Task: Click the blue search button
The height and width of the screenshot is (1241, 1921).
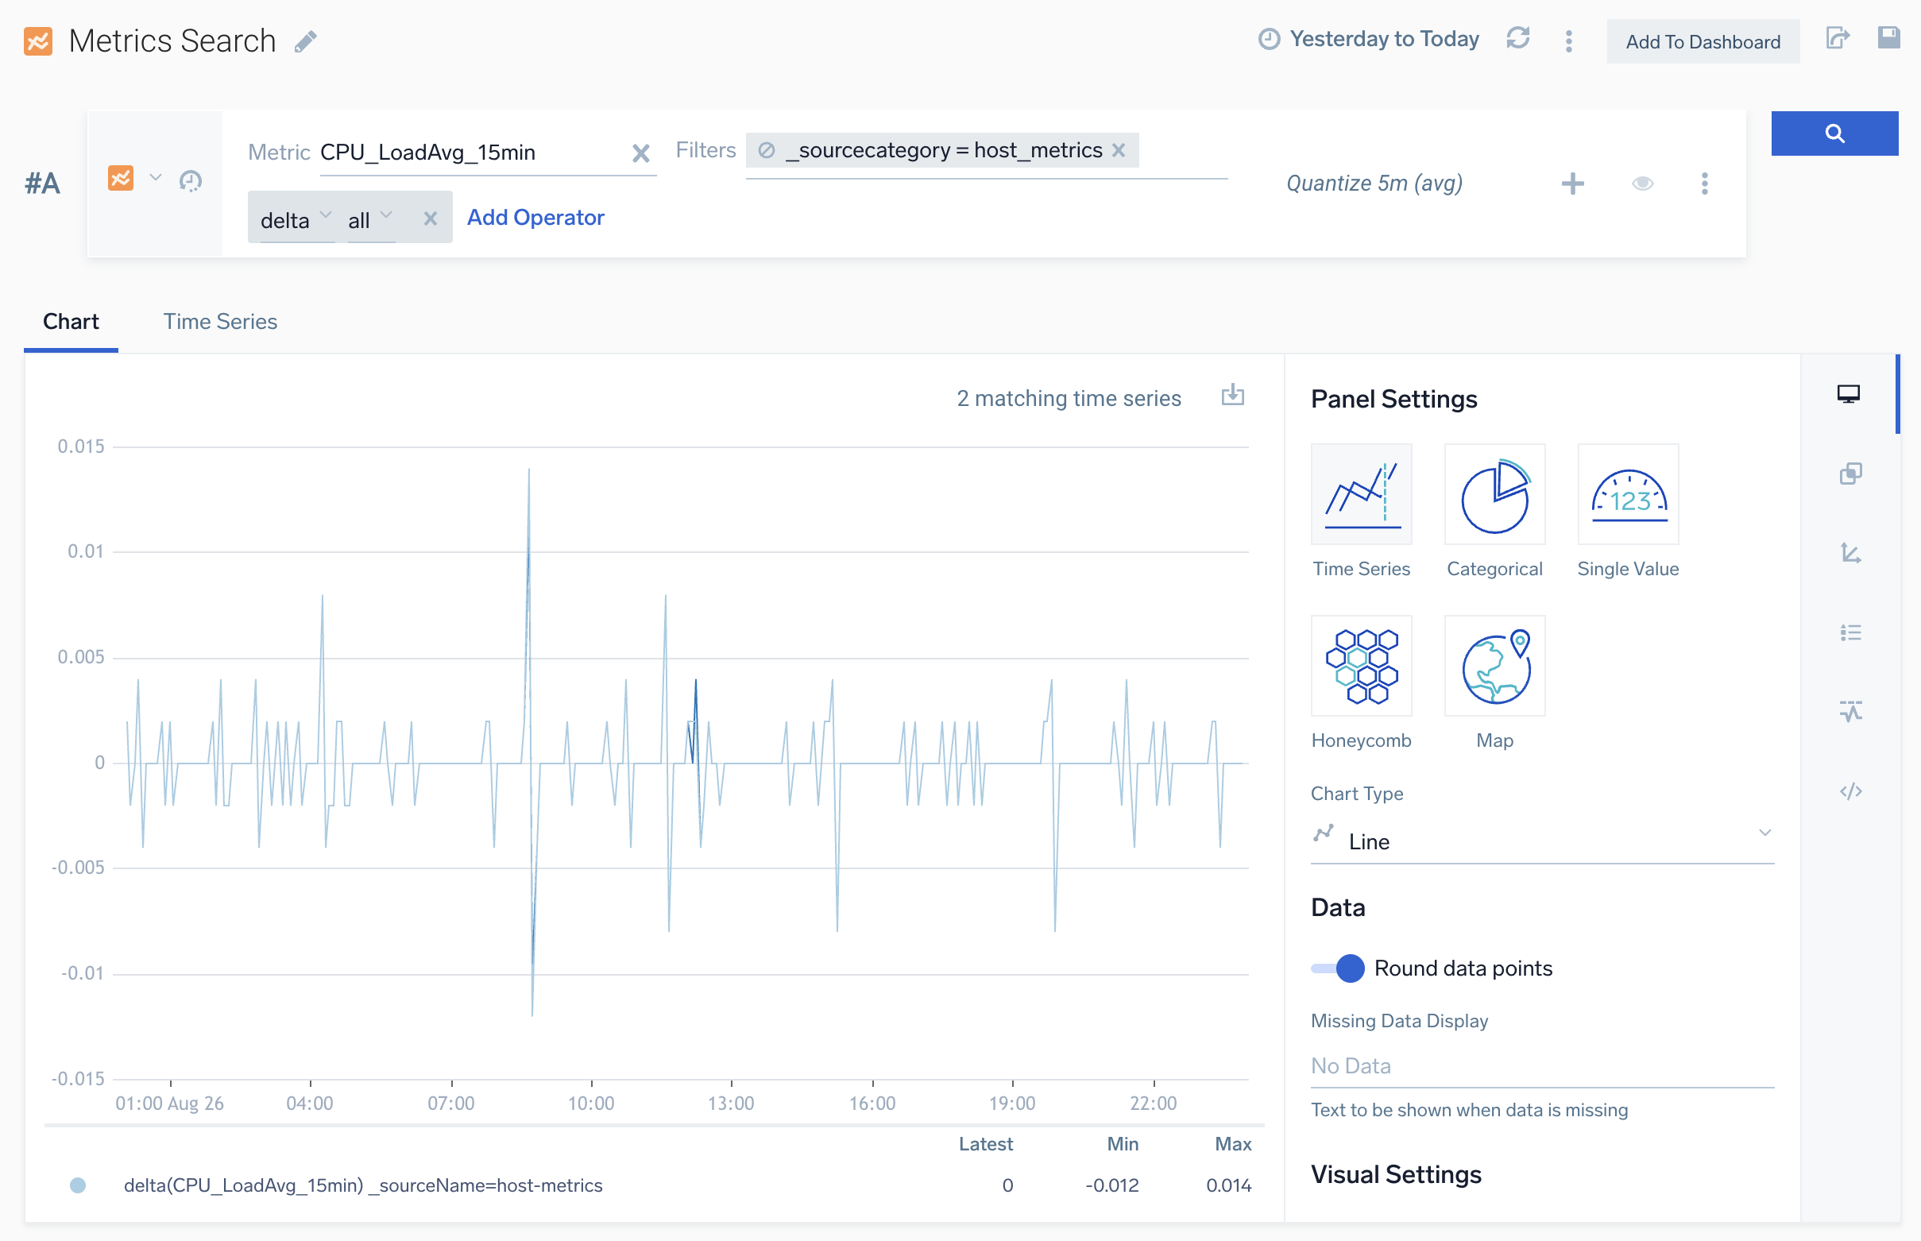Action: pyautogui.click(x=1833, y=133)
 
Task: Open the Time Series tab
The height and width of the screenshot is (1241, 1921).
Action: pyautogui.click(x=220, y=322)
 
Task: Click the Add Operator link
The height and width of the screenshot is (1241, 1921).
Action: pyautogui.click(x=535, y=218)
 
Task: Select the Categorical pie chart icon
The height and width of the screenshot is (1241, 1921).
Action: pyautogui.click(x=1494, y=495)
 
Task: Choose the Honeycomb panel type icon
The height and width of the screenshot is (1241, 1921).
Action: pyautogui.click(x=1360, y=666)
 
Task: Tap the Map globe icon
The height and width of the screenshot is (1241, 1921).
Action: pyautogui.click(x=1494, y=666)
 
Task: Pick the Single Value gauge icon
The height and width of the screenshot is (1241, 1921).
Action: pyautogui.click(x=1627, y=495)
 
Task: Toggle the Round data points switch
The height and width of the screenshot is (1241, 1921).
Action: pyautogui.click(x=1339, y=968)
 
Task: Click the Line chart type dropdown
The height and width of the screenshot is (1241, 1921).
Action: pyautogui.click(x=1540, y=841)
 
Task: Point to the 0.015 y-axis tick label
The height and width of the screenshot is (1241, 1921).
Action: pyautogui.click(x=80, y=447)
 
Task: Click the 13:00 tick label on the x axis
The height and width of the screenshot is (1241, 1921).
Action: pyautogui.click(x=731, y=1104)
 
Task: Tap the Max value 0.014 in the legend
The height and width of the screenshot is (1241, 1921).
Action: pyautogui.click(x=1228, y=1185)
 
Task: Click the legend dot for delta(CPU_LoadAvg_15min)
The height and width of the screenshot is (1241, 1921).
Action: pyautogui.click(x=78, y=1185)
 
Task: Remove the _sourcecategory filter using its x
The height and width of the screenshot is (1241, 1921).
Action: pyautogui.click(x=1119, y=151)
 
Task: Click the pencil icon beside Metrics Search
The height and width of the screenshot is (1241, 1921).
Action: pyautogui.click(x=305, y=41)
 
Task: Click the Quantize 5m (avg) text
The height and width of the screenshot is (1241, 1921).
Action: pyautogui.click(x=1374, y=184)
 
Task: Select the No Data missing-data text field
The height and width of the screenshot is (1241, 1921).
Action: pyautogui.click(x=1540, y=1065)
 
